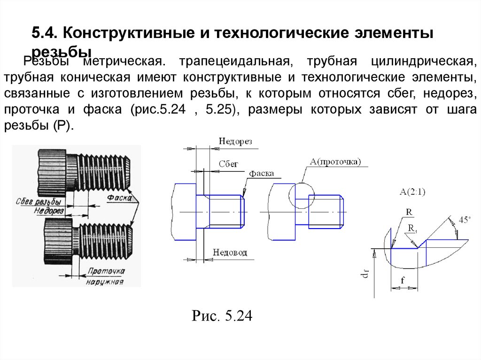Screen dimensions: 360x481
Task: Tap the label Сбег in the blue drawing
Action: [x=229, y=164]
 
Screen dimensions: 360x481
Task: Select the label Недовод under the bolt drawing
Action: [x=230, y=253]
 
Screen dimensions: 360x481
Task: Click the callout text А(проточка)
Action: [x=335, y=162]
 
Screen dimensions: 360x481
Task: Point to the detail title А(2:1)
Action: [x=412, y=191]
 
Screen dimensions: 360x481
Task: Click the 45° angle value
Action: [x=464, y=220]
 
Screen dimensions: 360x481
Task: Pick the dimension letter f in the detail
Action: [x=403, y=280]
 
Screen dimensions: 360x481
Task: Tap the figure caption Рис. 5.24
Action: [x=222, y=316]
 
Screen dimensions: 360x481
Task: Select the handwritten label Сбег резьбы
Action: [x=40, y=202]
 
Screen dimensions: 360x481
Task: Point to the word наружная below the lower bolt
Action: [x=104, y=283]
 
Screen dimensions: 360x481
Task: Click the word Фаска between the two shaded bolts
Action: [x=119, y=198]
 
